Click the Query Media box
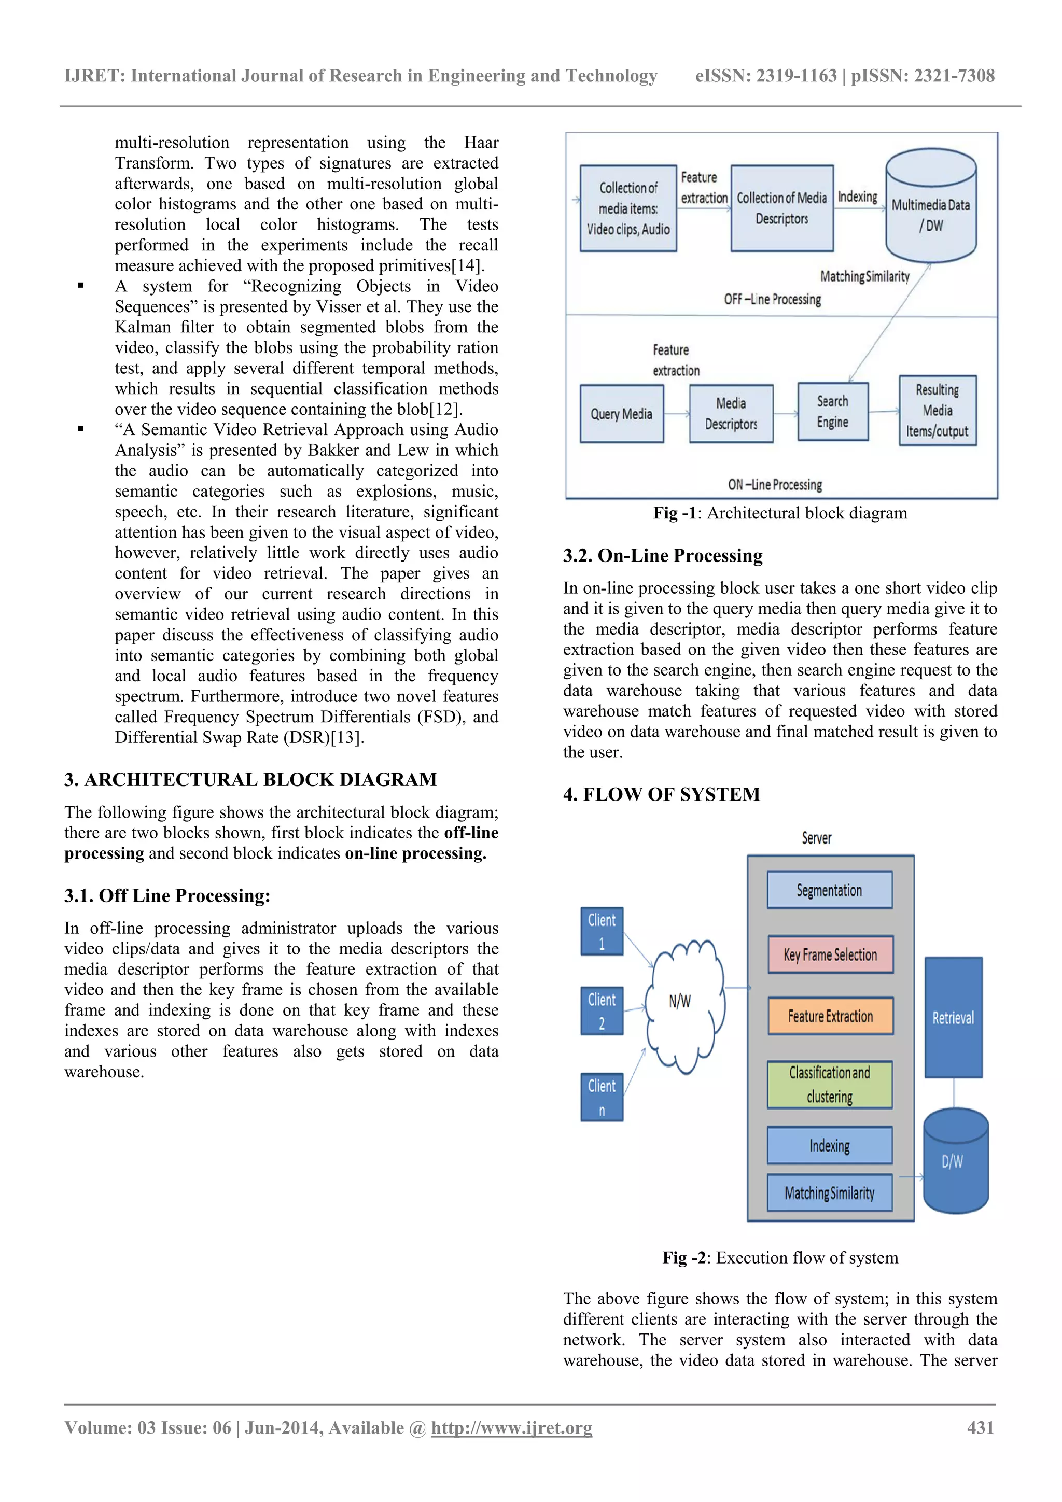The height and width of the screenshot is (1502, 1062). (x=622, y=413)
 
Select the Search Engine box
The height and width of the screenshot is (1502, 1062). (x=832, y=412)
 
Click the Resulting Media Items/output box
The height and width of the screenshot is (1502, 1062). (x=937, y=411)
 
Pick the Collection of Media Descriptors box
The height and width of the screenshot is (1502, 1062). (x=781, y=208)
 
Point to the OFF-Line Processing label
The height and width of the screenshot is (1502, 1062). (x=772, y=299)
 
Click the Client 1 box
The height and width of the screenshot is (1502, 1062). (x=602, y=931)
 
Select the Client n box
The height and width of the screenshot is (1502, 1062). (x=602, y=1097)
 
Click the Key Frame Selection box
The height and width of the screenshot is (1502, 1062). (x=830, y=954)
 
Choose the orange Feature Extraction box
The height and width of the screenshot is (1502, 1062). (x=830, y=1016)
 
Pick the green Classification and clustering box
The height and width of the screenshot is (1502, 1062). (x=829, y=1084)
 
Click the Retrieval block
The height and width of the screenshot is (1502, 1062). (x=953, y=1017)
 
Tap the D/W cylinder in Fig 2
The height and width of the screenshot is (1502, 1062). (x=955, y=1161)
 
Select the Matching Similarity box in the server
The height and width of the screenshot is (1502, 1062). (x=829, y=1192)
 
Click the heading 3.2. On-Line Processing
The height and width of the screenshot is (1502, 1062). (x=662, y=555)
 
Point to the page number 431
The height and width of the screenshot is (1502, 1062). (x=980, y=1427)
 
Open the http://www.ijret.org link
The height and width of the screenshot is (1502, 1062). (x=511, y=1427)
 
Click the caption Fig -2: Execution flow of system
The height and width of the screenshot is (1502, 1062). (x=780, y=1257)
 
